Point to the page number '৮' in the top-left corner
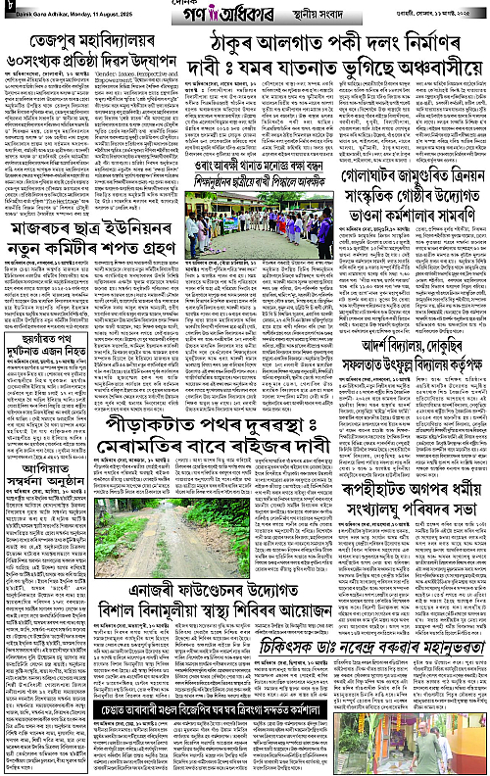(10, 10)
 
